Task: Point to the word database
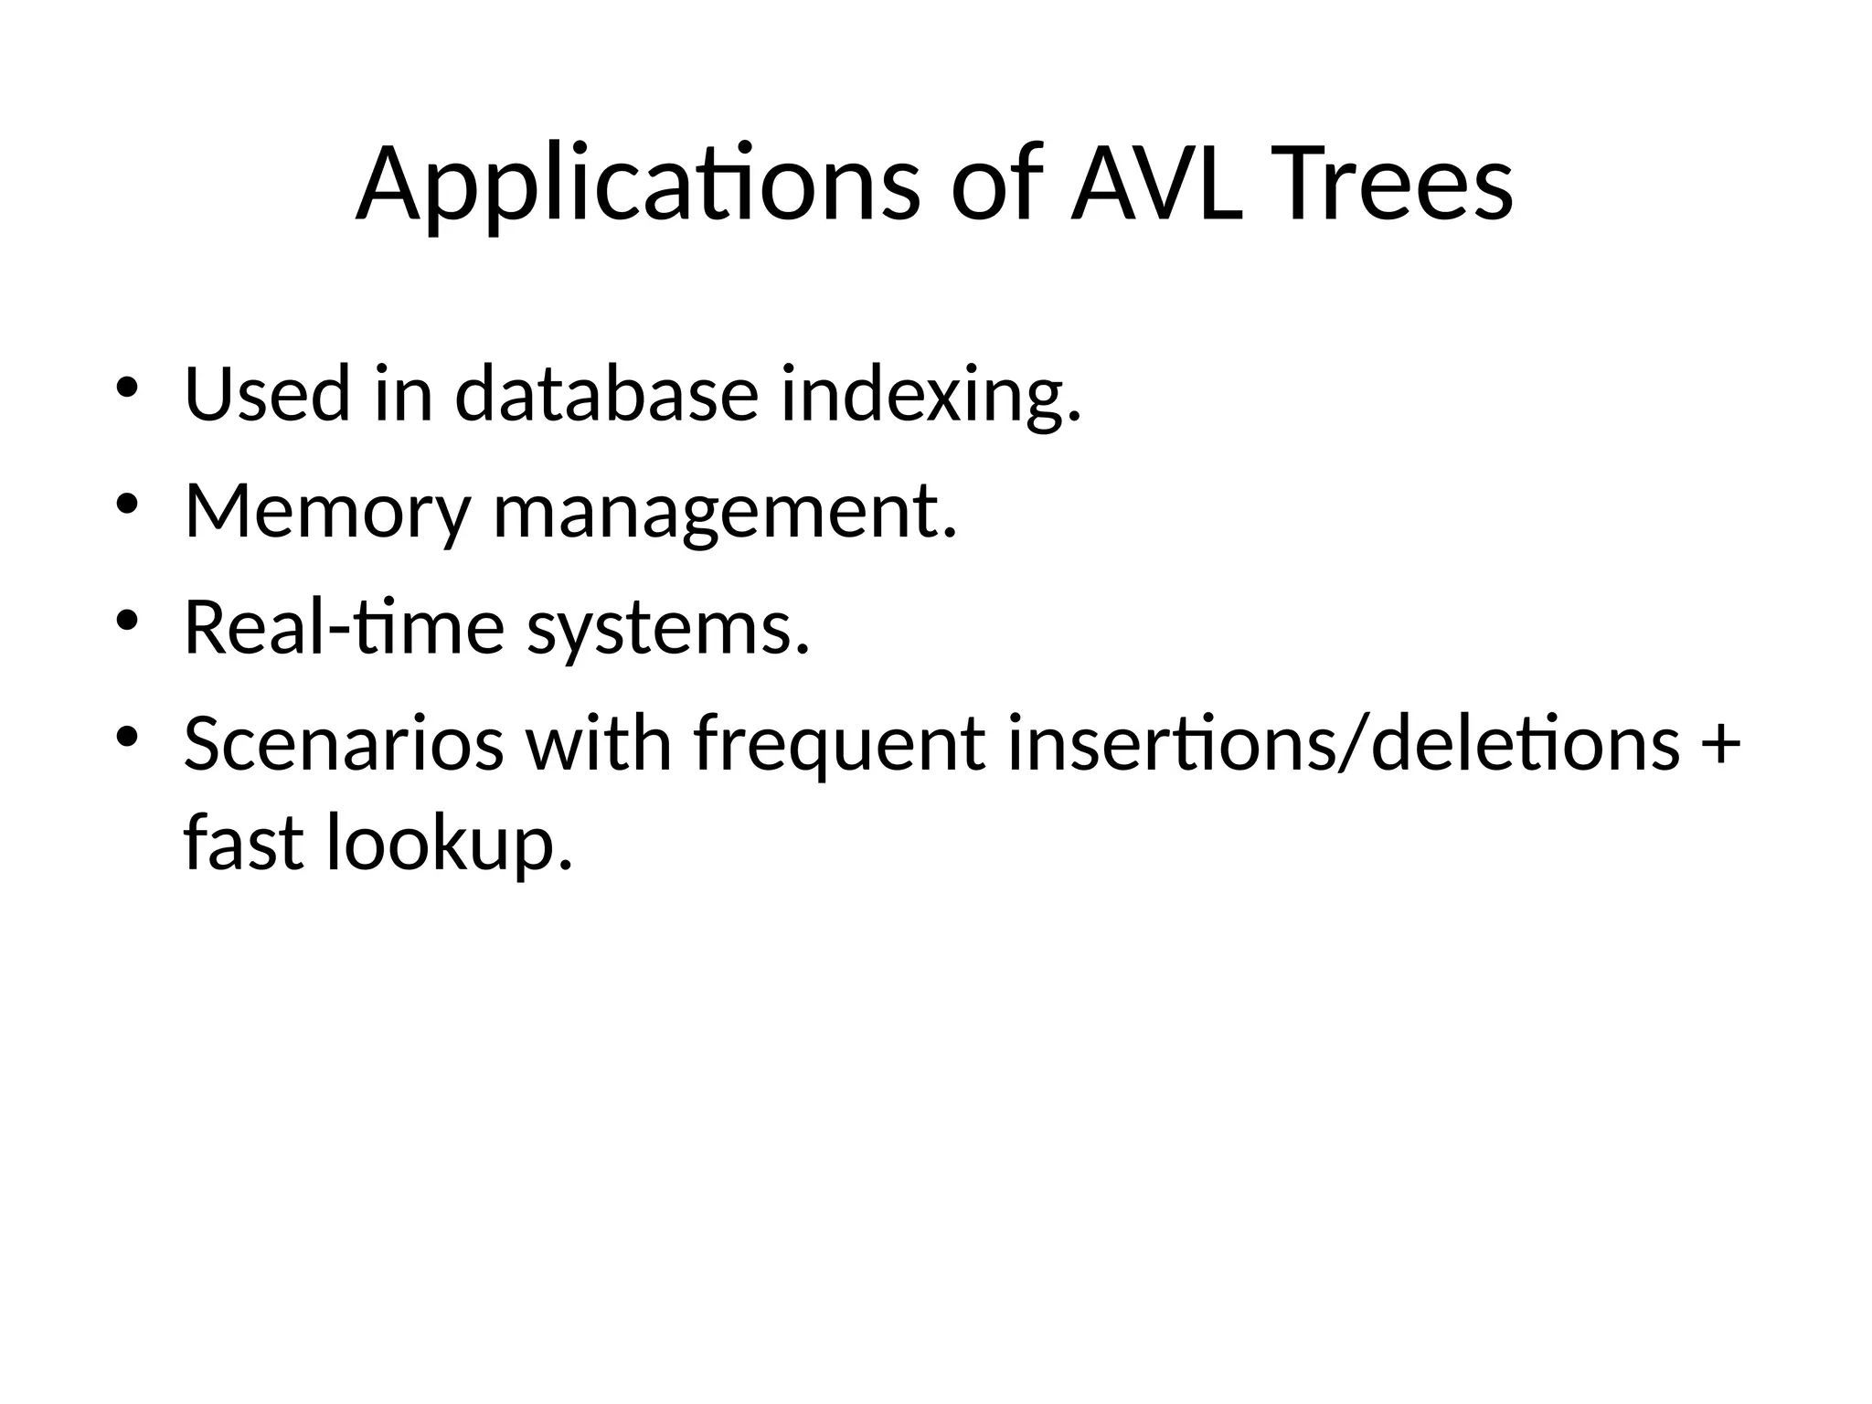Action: coord(607,394)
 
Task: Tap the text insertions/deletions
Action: coord(1344,744)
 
